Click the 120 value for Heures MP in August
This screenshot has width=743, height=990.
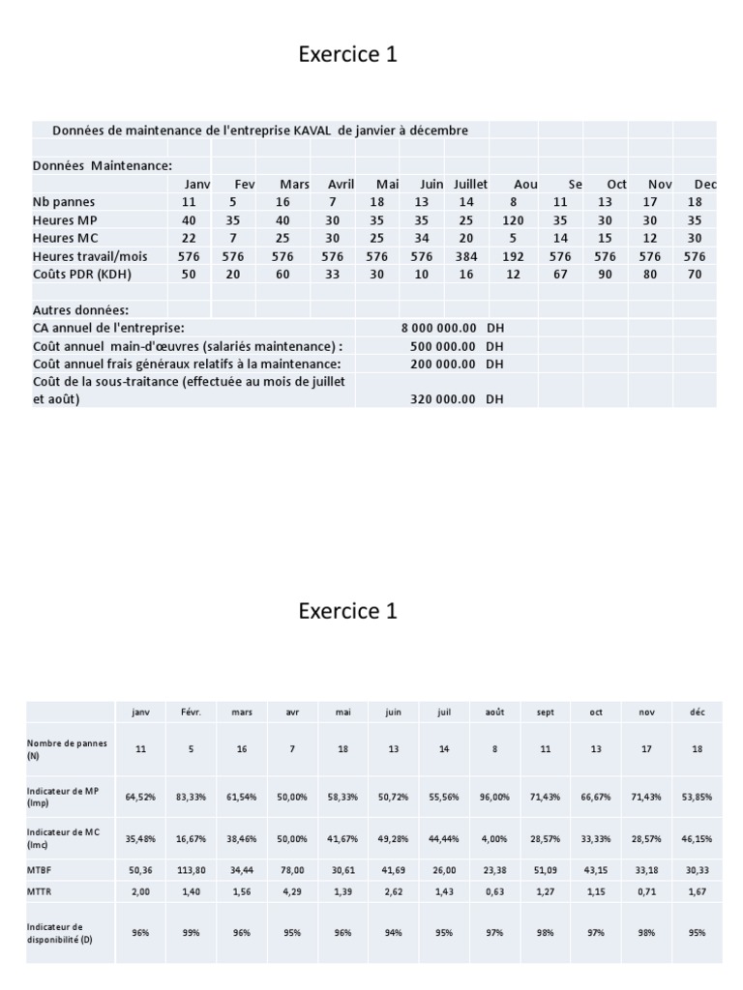(x=513, y=220)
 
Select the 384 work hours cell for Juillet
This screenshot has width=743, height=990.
(x=466, y=257)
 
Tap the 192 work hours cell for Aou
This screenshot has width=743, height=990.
(x=513, y=257)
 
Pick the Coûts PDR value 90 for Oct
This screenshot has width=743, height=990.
(x=605, y=275)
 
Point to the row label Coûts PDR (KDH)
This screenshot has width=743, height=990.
(x=81, y=275)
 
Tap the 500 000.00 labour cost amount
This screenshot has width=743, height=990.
(x=442, y=346)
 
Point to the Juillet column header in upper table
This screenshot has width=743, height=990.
(x=471, y=184)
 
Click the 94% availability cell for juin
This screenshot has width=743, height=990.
(x=393, y=932)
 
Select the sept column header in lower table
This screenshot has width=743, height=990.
(x=546, y=713)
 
